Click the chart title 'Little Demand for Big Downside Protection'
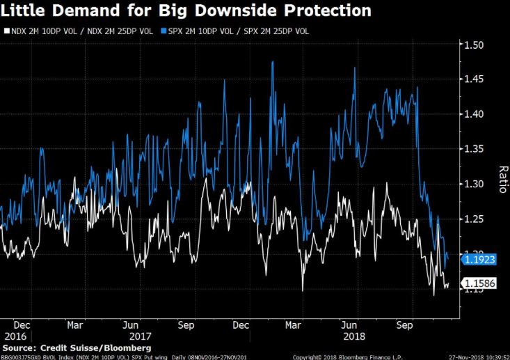[186, 11]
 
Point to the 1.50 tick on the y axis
[475, 45]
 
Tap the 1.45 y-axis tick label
[475, 80]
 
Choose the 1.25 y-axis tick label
[475, 219]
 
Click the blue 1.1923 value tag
[480, 258]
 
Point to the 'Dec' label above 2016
[22, 324]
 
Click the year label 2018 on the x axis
[354, 335]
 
